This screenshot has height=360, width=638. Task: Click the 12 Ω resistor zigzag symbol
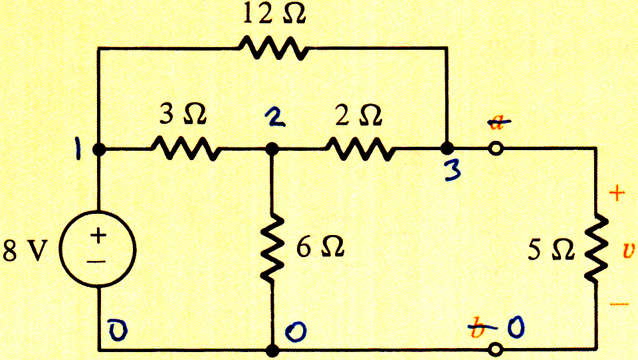273,48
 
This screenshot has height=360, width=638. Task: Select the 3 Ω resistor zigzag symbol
186,149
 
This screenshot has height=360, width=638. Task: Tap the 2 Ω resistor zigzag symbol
360,149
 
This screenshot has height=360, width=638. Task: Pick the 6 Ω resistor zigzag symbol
272,249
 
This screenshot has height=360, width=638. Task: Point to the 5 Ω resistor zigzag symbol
596,248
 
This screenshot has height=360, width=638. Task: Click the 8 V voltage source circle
98,249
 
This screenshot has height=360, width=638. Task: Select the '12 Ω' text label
274,14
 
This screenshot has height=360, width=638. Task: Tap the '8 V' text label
25,250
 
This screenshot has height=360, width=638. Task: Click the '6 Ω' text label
320,247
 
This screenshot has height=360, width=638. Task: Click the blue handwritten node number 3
453,169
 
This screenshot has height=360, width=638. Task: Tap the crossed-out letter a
499,122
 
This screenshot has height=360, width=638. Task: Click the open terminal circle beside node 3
496,149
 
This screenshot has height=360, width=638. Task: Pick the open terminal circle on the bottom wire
495,349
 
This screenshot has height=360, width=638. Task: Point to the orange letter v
629,250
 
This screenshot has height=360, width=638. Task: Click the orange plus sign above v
617,193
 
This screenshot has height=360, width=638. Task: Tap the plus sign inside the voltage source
98,235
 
